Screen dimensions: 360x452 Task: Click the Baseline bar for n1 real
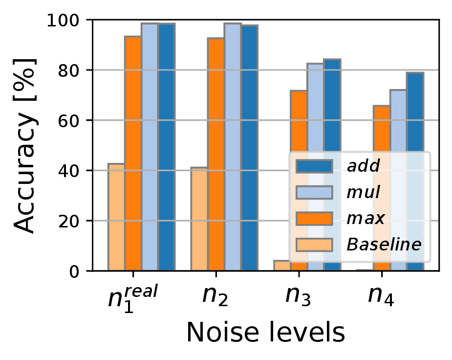pyautogui.click(x=116, y=217)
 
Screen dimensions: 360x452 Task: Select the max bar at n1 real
pyautogui.click(x=133, y=154)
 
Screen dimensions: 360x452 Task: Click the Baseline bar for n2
pyautogui.click(x=199, y=219)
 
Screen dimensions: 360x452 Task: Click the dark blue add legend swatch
pyautogui.click(x=314, y=166)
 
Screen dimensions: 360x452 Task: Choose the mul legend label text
pyautogui.click(x=363, y=193)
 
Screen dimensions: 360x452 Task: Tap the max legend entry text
pyautogui.click(x=364, y=219)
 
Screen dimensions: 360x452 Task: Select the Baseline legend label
pyautogui.click(x=384, y=245)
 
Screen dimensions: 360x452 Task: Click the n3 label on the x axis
pyautogui.click(x=299, y=296)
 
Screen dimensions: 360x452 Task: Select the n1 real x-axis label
pyautogui.click(x=133, y=296)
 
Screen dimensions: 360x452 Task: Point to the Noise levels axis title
pyautogui.click(x=265, y=334)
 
